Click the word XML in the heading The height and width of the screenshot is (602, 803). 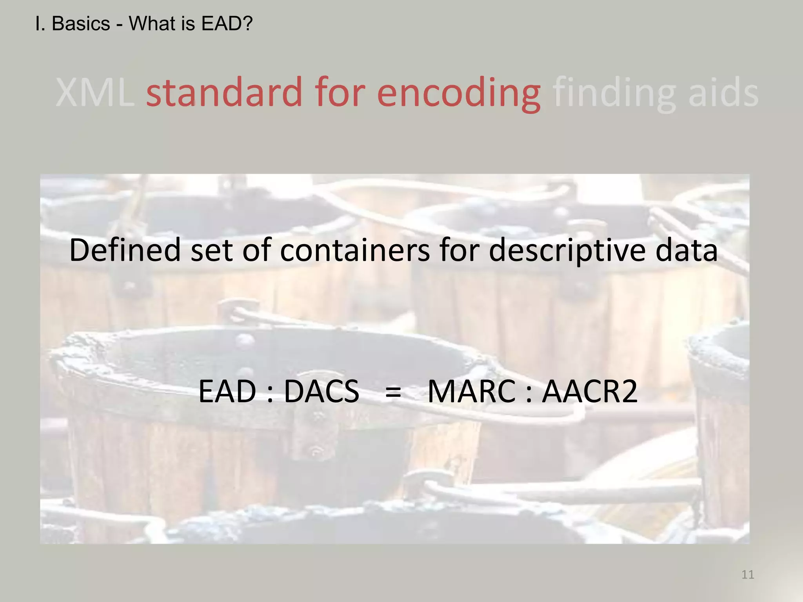coord(95,92)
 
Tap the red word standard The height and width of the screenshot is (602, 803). coord(224,92)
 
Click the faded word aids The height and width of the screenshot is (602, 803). coord(723,92)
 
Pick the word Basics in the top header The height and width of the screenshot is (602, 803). coord(81,24)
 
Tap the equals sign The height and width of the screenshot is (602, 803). coord(393,392)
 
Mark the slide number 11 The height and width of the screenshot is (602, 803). coord(748,575)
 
